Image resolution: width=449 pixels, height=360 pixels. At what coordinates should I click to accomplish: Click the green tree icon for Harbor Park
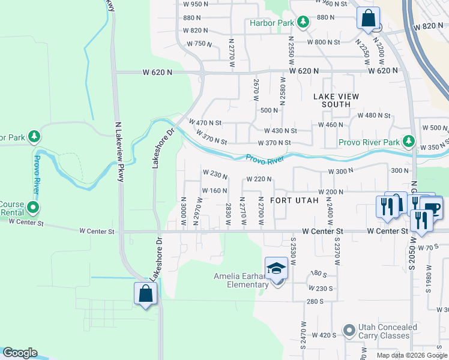[303, 23]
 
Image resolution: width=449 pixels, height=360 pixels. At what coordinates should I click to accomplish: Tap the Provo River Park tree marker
[409, 142]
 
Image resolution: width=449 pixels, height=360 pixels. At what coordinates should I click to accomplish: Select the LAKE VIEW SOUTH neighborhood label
[336, 100]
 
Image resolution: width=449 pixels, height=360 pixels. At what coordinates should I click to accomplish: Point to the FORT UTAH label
[293, 200]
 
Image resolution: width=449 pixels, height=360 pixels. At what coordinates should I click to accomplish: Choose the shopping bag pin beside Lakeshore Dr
[145, 294]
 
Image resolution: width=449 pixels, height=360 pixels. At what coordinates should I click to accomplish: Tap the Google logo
[20, 353]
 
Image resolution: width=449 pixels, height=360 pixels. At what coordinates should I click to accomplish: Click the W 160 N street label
[214, 191]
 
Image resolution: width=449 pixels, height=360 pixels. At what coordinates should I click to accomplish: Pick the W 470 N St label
[206, 122]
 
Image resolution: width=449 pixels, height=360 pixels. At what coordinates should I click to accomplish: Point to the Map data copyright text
[411, 355]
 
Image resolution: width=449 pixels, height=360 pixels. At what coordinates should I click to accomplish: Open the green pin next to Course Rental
[33, 208]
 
